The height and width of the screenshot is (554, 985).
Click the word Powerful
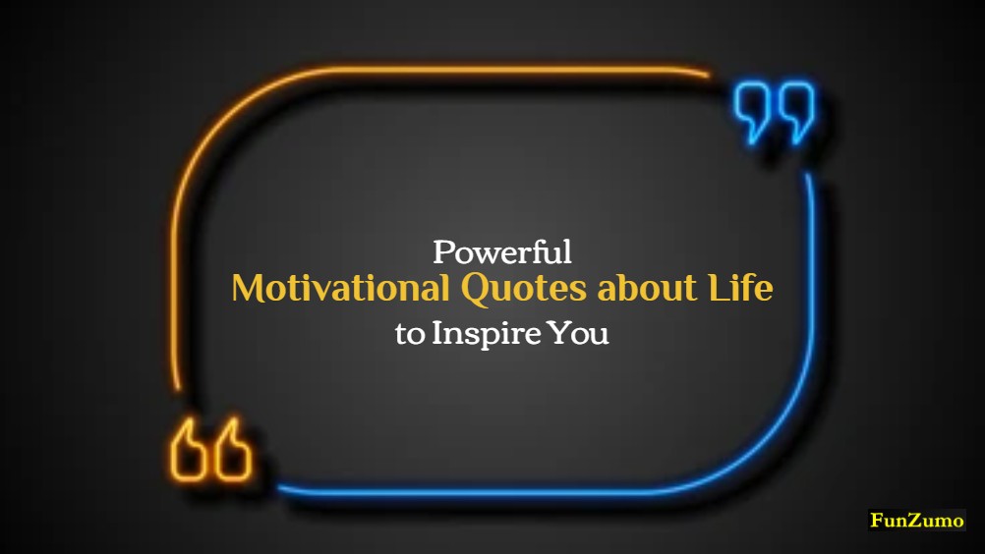[x=502, y=252]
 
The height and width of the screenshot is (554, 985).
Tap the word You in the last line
[x=579, y=333]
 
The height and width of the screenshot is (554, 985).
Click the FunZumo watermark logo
[x=917, y=521]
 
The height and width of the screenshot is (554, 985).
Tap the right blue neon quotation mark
[x=795, y=110]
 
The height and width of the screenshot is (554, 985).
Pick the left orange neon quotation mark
[x=189, y=452]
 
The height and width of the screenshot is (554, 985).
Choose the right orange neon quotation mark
[x=233, y=452]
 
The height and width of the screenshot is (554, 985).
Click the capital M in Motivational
[x=246, y=290]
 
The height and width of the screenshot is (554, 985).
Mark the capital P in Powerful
[x=443, y=252]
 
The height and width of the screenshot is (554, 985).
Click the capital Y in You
[x=559, y=333]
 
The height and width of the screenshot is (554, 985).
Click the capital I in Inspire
[x=436, y=333]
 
